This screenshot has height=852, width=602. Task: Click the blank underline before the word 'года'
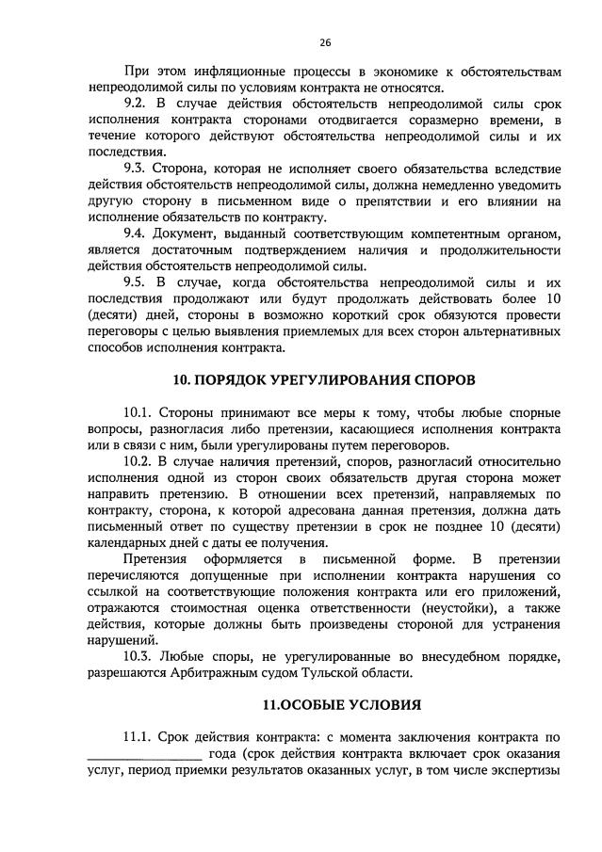coord(144,755)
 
